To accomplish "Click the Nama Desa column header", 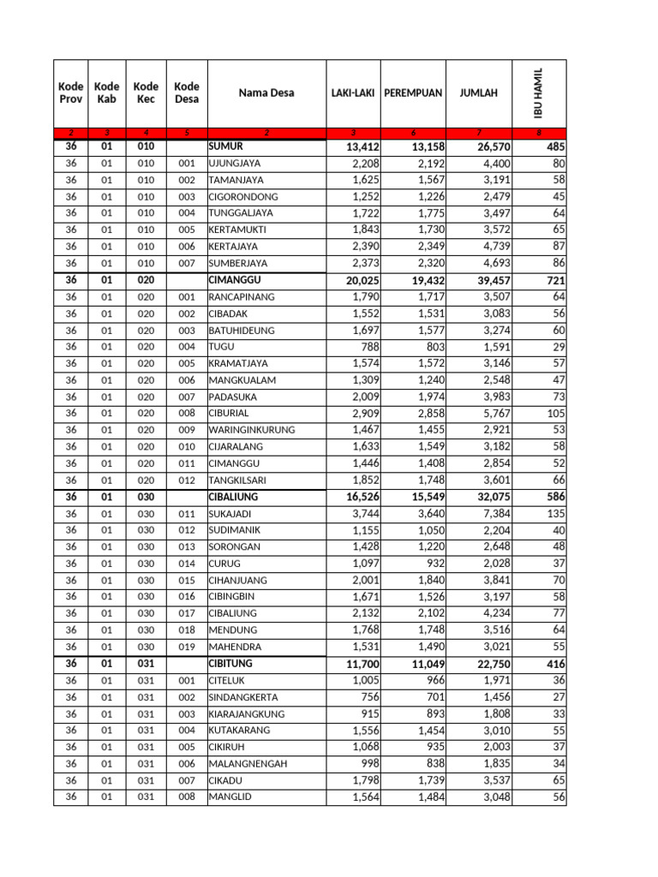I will [x=266, y=92].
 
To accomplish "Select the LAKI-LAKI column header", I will [x=352, y=92].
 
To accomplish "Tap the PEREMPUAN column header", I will [x=413, y=92].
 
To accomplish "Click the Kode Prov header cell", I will [x=71, y=92].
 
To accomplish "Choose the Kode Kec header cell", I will [x=147, y=92].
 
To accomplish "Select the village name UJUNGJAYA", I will [x=236, y=164].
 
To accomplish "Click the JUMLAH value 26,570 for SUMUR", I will [x=489, y=147].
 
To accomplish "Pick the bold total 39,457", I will [x=489, y=280].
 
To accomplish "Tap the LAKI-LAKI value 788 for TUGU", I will [x=364, y=347].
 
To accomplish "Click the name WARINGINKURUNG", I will [x=252, y=430].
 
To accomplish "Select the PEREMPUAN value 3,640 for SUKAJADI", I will [x=426, y=514].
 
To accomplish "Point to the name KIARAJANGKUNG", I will [x=247, y=714].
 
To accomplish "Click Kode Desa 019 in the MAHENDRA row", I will [x=187, y=647].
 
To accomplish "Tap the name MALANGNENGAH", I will [x=248, y=764].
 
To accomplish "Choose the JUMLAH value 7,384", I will [x=489, y=514].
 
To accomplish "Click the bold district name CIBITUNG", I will [x=233, y=664].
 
